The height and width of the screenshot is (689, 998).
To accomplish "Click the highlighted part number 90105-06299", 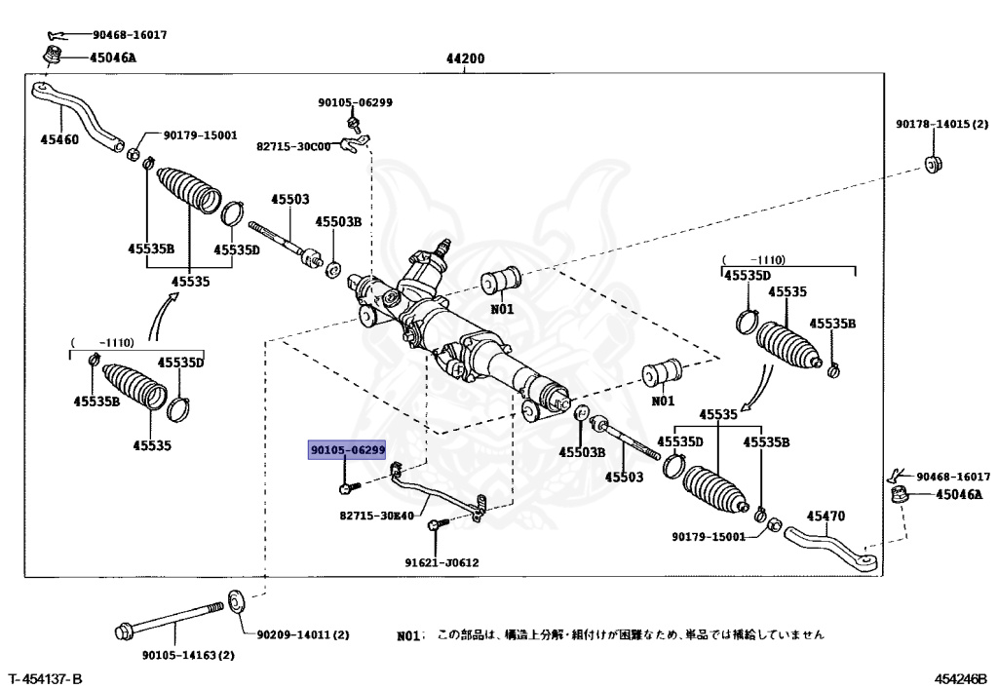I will pyautogui.click(x=347, y=451).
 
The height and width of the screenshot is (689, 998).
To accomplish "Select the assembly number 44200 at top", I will pyautogui.click(x=465, y=58).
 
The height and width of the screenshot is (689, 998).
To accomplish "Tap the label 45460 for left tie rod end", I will pyautogui.click(x=59, y=138).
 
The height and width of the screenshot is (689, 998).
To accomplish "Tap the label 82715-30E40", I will pyautogui.click(x=377, y=516).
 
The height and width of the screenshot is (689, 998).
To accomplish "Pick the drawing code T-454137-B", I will pyautogui.click(x=46, y=677).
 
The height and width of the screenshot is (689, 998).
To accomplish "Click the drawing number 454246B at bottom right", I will pyautogui.click(x=960, y=677).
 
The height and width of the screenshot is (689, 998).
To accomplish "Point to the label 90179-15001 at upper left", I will pyautogui.click(x=200, y=135).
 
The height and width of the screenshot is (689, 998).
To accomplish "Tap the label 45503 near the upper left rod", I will pyautogui.click(x=289, y=199).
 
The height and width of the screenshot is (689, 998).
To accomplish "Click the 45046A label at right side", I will pyautogui.click(x=959, y=494).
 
